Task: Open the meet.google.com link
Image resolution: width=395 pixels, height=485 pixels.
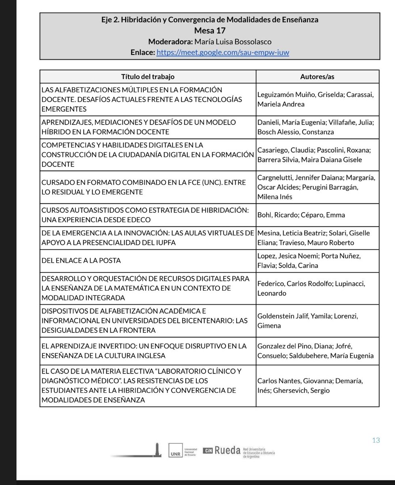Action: coord(223,53)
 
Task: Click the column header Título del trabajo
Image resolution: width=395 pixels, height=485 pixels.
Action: coord(148,76)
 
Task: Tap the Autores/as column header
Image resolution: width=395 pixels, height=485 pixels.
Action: coord(317,76)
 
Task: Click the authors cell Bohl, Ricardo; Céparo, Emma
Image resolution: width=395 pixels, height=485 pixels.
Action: coord(301,215)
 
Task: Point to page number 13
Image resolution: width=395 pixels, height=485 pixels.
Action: coord(376,440)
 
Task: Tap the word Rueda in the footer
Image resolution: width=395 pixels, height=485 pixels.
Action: coord(227,450)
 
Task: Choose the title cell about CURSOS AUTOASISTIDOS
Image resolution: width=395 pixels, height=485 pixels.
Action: coord(147,215)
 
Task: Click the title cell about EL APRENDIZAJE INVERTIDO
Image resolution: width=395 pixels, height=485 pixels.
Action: coord(147,351)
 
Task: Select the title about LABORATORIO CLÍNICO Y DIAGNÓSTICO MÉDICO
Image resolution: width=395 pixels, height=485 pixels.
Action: coord(147,385)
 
